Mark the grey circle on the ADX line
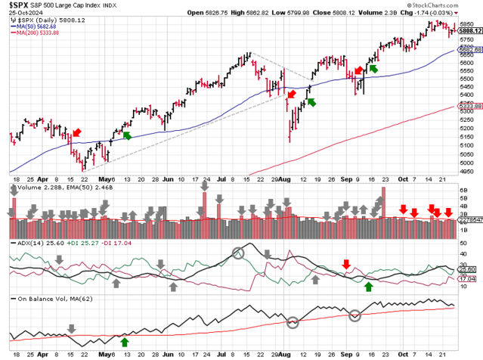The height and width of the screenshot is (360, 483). pyautogui.click(x=239, y=253)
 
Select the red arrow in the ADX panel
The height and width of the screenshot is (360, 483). pyautogui.click(x=346, y=263)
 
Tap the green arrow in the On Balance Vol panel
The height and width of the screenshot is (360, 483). pyautogui.click(x=125, y=342)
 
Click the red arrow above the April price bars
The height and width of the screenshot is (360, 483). pyautogui.click(x=75, y=133)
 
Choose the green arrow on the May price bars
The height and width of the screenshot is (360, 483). pyautogui.click(x=127, y=135)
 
